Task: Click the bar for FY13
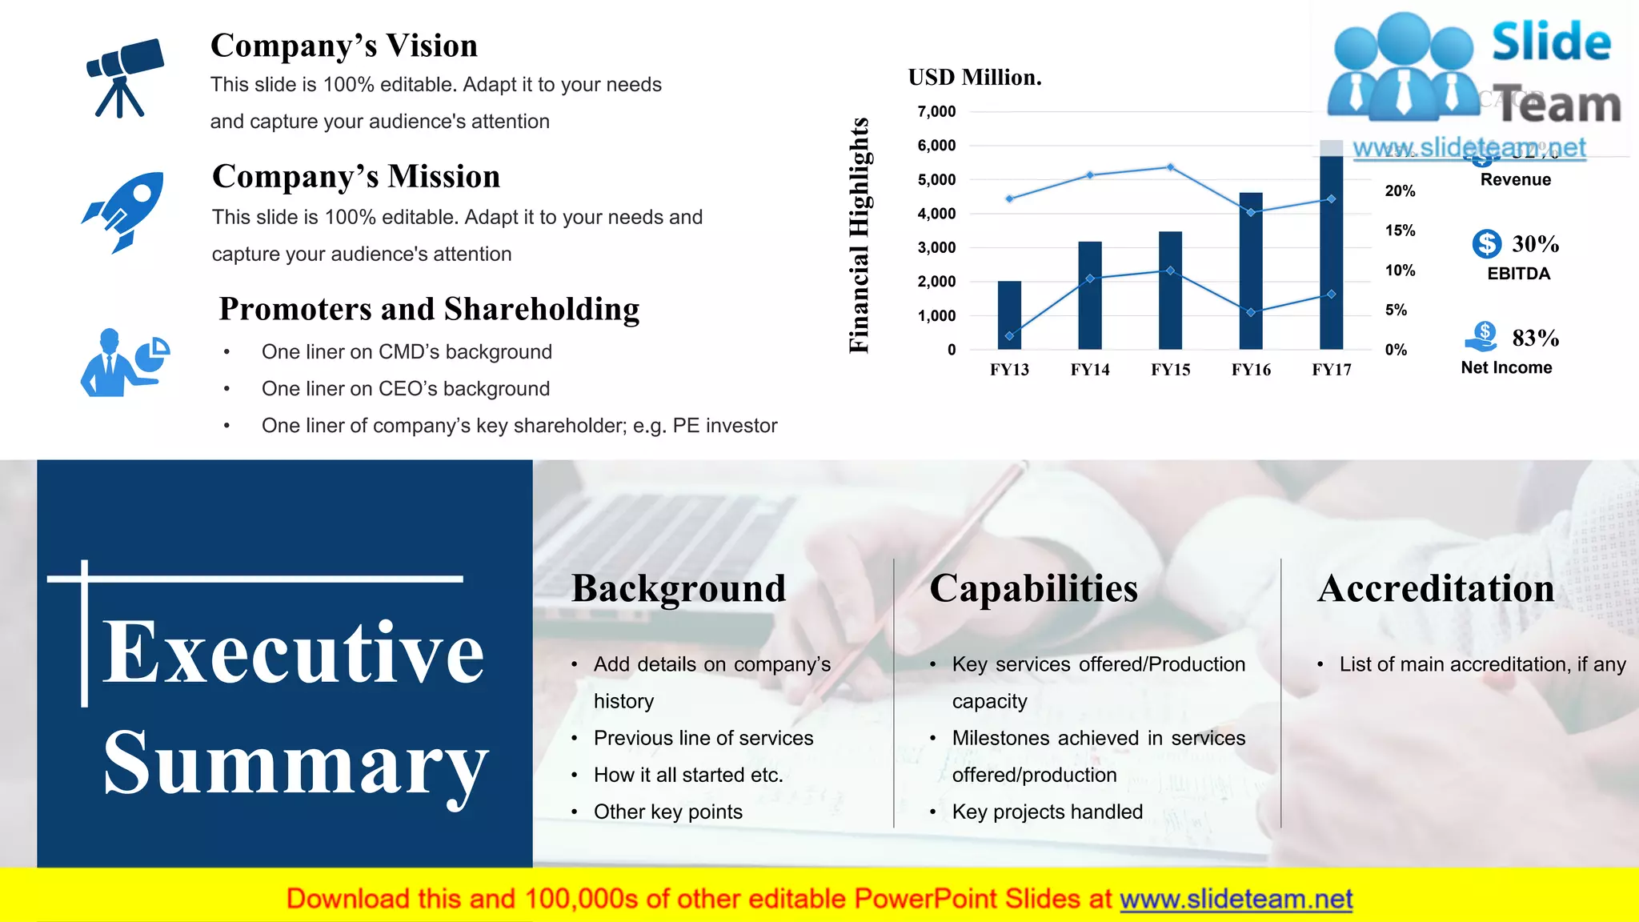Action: tap(1009, 316)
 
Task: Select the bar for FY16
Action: tap(1250, 272)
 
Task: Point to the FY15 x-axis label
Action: tap(1170, 370)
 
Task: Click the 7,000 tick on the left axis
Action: tap(936, 111)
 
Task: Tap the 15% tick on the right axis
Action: tap(1400, 230)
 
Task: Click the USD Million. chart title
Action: tap(975, 78)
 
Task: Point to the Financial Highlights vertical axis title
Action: tap(859, 235)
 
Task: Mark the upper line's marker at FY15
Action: tap(1170, 167)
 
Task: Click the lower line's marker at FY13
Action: tap(1009, 336)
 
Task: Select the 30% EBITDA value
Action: tap(1535, 243)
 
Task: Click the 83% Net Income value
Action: tap(1535, 338)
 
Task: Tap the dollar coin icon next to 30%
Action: tap(1486, 243)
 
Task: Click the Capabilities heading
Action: tap(1033, 588)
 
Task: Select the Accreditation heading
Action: tap(1436, 588)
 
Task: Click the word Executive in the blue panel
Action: tap(293, 652)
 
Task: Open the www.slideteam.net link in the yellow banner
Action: tap(1236, 899)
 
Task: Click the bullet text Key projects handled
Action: tap(1047, 812)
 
